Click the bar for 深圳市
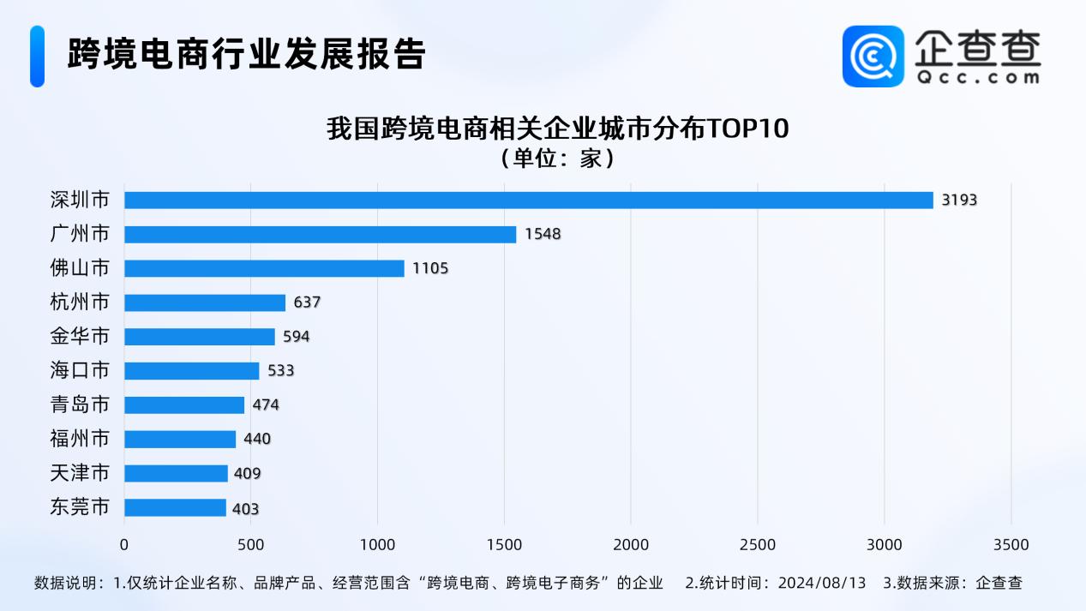point(528,200)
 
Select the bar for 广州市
point(320,234)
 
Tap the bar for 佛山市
point(264,268)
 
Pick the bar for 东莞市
point(175,508)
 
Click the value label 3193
point(959,200)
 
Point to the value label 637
point(306,303)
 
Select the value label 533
point(280,371)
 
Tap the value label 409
point(248,474)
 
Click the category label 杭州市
point(80,303)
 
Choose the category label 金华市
point(80,337)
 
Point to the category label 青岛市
point(80,404)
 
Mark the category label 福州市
point(80,439)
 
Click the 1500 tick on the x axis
point(504,545)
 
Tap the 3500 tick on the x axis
point(1011,545)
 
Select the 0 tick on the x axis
point(124,545)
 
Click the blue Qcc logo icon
point(873,56)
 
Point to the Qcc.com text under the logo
point(977,77)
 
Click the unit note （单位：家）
point(557,159)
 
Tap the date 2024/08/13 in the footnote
point(822,583)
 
